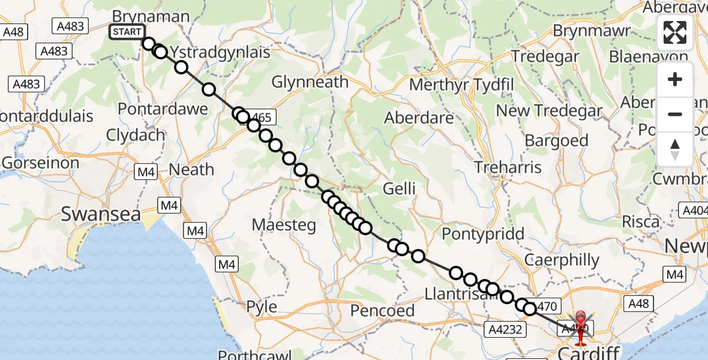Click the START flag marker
tap(127, 32)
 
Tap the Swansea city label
tap(101, 214)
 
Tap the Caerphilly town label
tap(562, 260)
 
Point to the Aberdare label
tap(419, 118)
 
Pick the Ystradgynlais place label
tap(220, 52)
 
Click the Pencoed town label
tap(382, 310)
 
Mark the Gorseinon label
tap(40, 162)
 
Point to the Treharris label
tap(507, 167)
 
